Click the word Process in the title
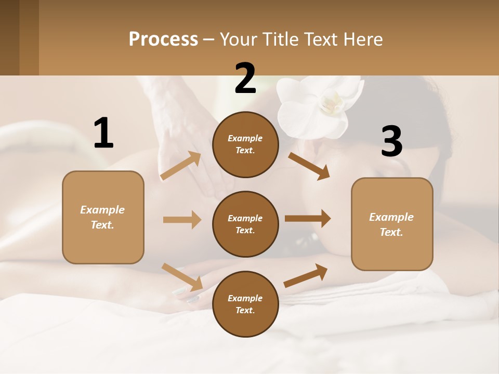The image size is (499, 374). click(163, 39)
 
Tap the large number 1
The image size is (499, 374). click(103, 133)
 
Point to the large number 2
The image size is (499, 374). click(245, 78)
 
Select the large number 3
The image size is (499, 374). click(391, 142)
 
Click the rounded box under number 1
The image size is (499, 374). click(103, 217)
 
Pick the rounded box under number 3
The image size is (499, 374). click(392, 224)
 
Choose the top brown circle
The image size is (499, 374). click(245, 144)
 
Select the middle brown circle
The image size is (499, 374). click(245, 224)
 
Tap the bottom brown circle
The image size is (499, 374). click(245, 304)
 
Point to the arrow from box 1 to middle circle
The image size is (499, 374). click(182, 220)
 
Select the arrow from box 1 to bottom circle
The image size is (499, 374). click(182, 277)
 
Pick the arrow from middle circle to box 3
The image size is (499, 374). click(308, 219)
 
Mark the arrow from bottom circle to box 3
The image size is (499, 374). click(306, 275)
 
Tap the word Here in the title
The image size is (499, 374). click(362, 39)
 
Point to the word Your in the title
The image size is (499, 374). click(239, 39)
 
